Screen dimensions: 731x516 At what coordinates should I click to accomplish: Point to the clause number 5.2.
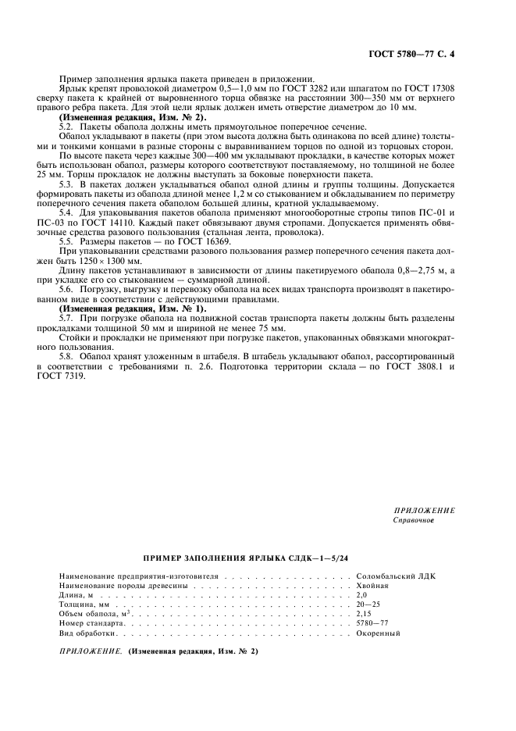pos(67,126)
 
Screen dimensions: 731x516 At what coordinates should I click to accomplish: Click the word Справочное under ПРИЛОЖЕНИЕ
pos(413,519)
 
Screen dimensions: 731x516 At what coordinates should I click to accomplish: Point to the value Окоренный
pos(377,633)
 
